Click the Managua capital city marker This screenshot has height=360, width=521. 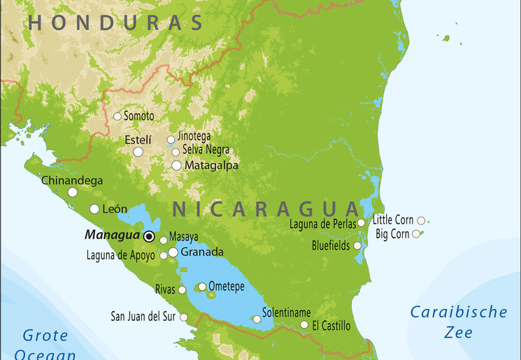click(149, 236)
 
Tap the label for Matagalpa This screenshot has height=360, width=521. click(211, 166)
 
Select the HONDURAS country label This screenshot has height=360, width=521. click(115, 23)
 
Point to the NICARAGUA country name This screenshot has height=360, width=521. click(265, 208)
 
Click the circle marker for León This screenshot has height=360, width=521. click(94, 209)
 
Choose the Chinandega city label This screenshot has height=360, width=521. click(72, 180)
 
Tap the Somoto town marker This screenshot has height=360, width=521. click(117, 116)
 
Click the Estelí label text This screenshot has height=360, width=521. click(138, 140)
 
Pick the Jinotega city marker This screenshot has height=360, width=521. click(171, 140)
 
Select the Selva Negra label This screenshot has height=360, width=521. click(206, 150)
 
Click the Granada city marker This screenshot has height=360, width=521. click(173, 252)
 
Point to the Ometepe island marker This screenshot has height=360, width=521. click(202, 286)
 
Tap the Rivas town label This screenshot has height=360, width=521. click(165, 289)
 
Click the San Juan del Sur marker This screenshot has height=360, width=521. click(184, 317)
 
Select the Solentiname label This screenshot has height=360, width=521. click(286, 312)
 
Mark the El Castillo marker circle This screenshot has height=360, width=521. click(304, 324)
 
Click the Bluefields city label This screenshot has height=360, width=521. click(330, 245)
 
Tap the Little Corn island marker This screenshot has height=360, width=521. click(421, 220)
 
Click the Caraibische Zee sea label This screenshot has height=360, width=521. click(458, 322)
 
